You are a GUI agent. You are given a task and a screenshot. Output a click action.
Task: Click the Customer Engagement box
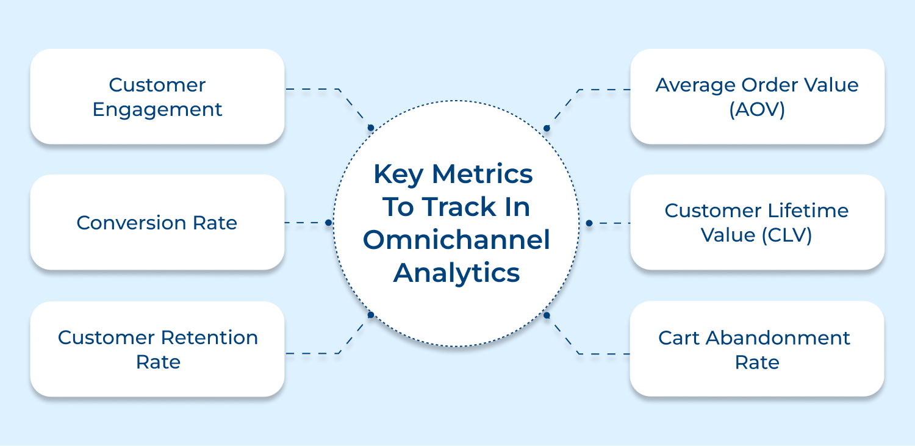pyautogui.click(x=157, y=96)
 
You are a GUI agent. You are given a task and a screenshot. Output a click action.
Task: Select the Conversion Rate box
pyautogui.click(x=157, y=223)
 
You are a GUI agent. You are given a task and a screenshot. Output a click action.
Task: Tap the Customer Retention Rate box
pyautogui.click(x=157, y=349)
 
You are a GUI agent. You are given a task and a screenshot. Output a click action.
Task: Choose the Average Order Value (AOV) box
pyautogui.click(x=757, y=96)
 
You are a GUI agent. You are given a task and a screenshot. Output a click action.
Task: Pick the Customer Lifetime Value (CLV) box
pyautogui.click(x=757, y=223)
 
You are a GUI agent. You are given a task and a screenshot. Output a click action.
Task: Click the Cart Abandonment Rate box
pyautogui.click(x=757, y=349)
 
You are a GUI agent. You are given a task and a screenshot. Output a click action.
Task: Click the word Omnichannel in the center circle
pyautogui.click(x=456, y=240)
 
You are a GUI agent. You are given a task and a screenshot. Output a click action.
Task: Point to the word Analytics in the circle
pyautogui.click(x=456, y=273)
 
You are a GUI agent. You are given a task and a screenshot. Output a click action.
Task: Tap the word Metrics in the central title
pyautogui.click(x=483, y=174)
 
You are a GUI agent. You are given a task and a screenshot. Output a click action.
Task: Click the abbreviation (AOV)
pyautogui.click(x=757, y=110)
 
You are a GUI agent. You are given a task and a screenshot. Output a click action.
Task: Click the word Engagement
pyautogui.click(x=157, y=110)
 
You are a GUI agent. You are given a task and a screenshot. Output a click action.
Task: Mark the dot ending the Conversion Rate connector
pyautogui.click(x=328, y=223)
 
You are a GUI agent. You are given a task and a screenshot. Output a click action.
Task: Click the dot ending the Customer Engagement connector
pyautogui.click(x=370, y=128)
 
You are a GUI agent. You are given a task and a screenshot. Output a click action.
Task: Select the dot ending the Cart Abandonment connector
pyautogui.click(x=547, y=315)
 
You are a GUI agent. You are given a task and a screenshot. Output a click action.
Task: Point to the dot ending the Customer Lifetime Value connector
pyautogui.click(x=589, y=223)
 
